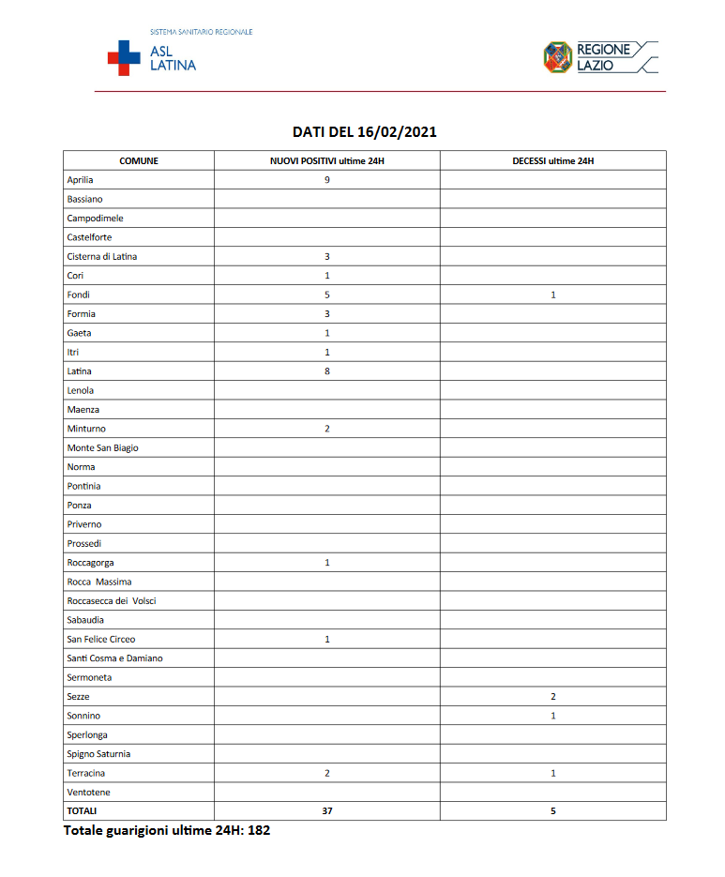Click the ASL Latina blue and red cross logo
(x=124, y=57)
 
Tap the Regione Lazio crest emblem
(x=558, y=57)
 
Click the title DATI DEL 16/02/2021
(x=364, y=132)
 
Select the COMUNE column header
(x=139, y=160)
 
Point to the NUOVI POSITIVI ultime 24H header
(x=327, y=160)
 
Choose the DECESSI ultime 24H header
(x=553, y=160)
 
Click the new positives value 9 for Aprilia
(x=327, y=180)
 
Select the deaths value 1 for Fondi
(x=553, y=295)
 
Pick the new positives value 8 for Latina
(x=327, y=371)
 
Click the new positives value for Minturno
(x=327, y=429)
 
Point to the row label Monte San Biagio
(x=102, y=447)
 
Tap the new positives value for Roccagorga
(x=327, y=563)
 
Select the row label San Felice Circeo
(x=101, y=639)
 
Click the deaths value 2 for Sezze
(x=553, y=697)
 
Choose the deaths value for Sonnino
(x=553, y=716)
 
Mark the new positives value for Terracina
(x=327, y=773)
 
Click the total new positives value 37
(x=327, y=810)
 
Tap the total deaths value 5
(x=553, y=810)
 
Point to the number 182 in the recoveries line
(x=259, y=831)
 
